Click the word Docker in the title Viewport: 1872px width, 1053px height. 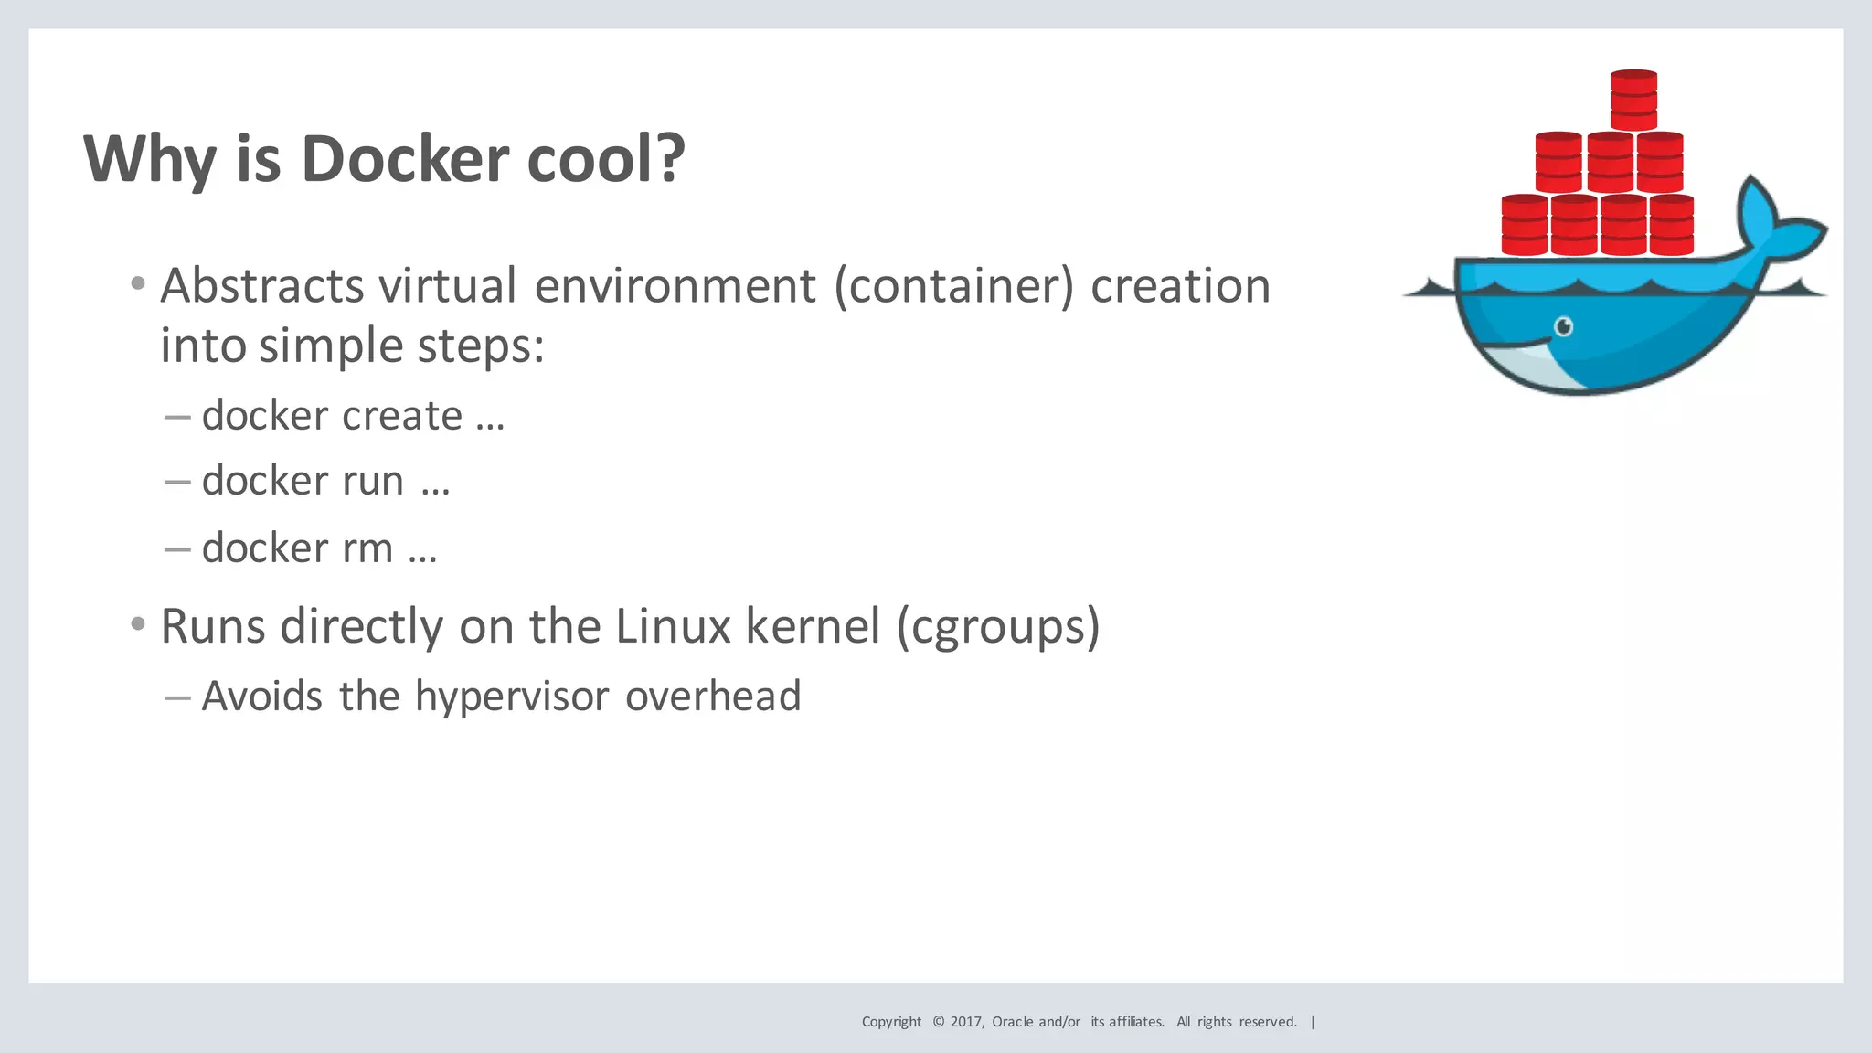[x=405, y=159]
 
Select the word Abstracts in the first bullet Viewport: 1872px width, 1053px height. [x=262, y=286]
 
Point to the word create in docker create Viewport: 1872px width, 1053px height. [x=402, y=417]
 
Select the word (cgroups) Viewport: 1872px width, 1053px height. [x=998, y=627]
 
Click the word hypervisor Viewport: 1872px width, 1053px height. [x=511, y=697]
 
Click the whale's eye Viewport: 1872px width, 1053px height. [x=1564, y=326]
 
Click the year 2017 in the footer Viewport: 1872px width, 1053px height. [x=966, y=1022]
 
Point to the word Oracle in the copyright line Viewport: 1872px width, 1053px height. [x=1013, y=1022]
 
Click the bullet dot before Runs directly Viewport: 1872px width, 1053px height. [x=138, y=625]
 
